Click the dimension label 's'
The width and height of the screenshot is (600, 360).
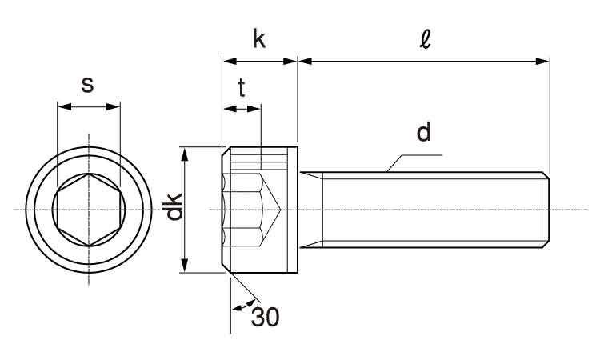[x=88, y=84]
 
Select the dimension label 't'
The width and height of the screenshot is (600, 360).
[x=242, y=89]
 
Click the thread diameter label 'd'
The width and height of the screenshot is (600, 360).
[x=424, y=132]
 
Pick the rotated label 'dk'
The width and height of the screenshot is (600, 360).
[x=174, y=207]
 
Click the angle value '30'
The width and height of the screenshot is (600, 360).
[x=266, y=318]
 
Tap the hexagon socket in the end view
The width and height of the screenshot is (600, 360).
[x=88, y=210]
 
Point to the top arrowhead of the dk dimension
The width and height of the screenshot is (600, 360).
[x=186, y=153]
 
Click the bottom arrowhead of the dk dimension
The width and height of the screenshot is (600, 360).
[x=186, y=267]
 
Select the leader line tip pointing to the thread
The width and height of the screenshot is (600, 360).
[x=387, y=170]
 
